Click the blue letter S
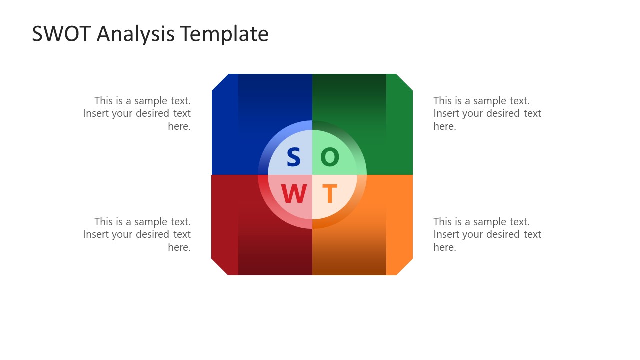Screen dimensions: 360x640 coord(293,157)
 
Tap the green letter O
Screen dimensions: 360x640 coord(330,157)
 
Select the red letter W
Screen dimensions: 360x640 coord(293,194)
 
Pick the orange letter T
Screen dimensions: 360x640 coord(329,194)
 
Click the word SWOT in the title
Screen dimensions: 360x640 coord(61,34)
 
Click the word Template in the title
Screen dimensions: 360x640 coord(224,34)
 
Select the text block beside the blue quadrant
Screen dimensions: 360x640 coord(137,113)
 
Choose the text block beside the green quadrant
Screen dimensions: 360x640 coord(487,113)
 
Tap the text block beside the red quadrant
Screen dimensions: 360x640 coord(137,234)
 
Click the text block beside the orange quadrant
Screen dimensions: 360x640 coord(487,234)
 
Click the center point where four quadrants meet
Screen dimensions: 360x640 coord(312,175)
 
